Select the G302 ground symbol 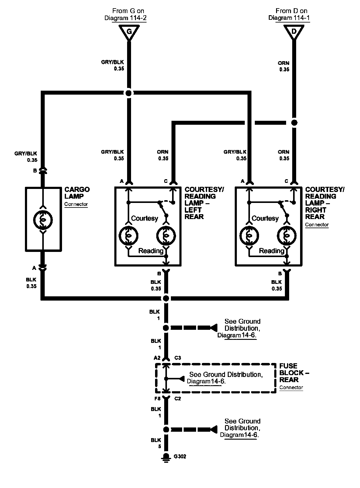pyautogui.click(x=166, y=458)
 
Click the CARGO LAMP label pyautogui.click(x=77, y=193)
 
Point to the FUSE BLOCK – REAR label pyautogui.click(x=294, y=373)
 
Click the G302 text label pyautogui.click(x=180, y=457)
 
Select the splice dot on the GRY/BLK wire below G pyautogui.click(x=129, y=93)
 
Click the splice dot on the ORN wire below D pyautogui.click(x=294, y=123)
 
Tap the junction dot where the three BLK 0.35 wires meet pyautogui.click(x=166, y=298)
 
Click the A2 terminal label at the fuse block pyautogui.click(x=157, y=358)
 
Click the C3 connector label pyautogui.click(x=178, y=358)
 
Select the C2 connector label pyautogui.click(x=178, y=399)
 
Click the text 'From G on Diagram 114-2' pyautogui.click(x=126, y=14)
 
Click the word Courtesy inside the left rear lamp pyautogui.click(x=144, y=218)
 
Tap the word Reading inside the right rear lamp pyautogui.click(x=272, y=251)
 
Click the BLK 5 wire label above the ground pyautogui.click(x=156, y=443)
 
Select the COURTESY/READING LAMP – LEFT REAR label pyautogui.click(x=204, y=203)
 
